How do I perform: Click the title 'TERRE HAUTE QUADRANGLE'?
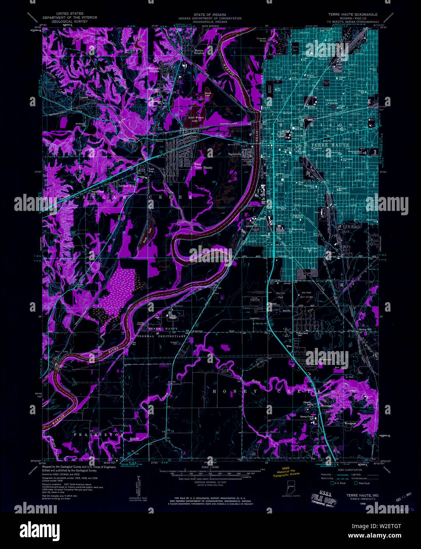click(x=352, y=14)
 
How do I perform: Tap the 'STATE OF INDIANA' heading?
click(x=210, y=14)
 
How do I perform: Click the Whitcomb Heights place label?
click(x=153, y=70)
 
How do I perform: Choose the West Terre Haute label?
click(x=203, y=165)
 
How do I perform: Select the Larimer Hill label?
click(x=127, y=185)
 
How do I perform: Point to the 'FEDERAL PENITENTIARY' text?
click(x=161, y=336)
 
